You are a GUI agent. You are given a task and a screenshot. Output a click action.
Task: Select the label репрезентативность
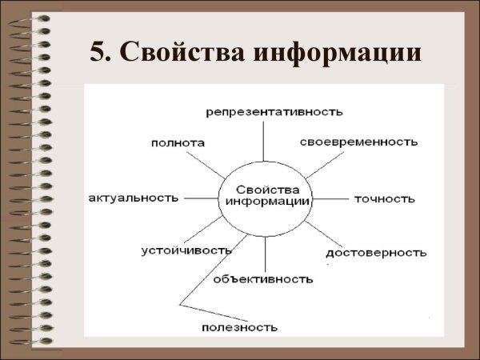[263, 110]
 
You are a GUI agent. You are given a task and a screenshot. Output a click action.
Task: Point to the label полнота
[178, 142]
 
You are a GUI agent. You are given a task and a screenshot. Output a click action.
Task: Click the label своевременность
[359, 142]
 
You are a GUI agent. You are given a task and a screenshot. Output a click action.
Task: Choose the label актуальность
[134, 198]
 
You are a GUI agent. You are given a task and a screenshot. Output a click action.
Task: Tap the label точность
[385, 198]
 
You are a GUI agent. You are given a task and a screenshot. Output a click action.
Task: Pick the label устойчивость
[186, 250]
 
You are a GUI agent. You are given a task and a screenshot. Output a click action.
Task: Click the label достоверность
[376, 253]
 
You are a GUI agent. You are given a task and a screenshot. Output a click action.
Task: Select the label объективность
[262, 279]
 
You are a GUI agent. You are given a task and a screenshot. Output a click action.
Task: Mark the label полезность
[239, 326]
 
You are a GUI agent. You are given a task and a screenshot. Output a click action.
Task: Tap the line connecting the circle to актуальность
[199, 197]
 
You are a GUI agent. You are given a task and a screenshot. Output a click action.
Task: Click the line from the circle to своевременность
[323, 165]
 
